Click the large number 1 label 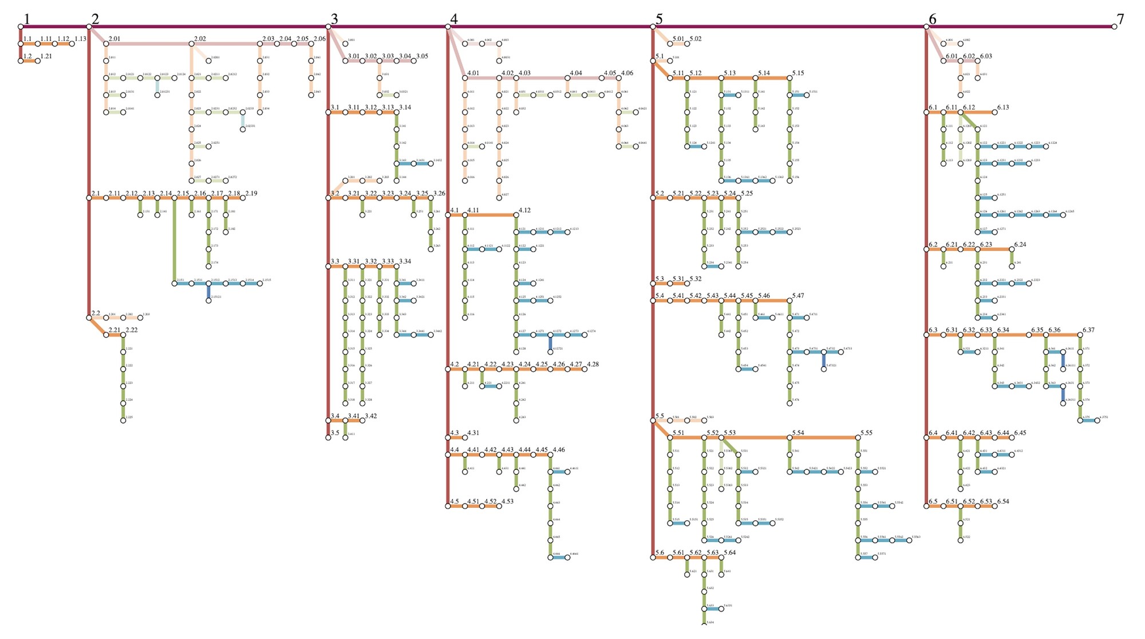click(x=26, y=19)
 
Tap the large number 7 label click(x=1120, y=19)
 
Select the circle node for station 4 click(x=448, y=26)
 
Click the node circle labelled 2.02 click(x=192, y=44)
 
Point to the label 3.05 click(x=422, y=56)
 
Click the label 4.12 click(x=524, y=210)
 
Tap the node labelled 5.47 click(x=789, y=300)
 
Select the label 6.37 click(x=1088, y=330)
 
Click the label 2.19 click(x=251, y=193)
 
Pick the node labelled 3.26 click(x=431, y=198)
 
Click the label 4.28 click(x=593, y=364)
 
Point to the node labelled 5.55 click(x=858, y=438)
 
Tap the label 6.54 click(x=1003, y=501)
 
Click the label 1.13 click(x=80, y=39)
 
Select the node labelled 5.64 click(x=721, y=558)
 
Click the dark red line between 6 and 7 click(x=1019, y=26)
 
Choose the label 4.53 click(x=507, y=501)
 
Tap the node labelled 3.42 click(x=362, y=421)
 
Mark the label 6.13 click(x=1003, y=107)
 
